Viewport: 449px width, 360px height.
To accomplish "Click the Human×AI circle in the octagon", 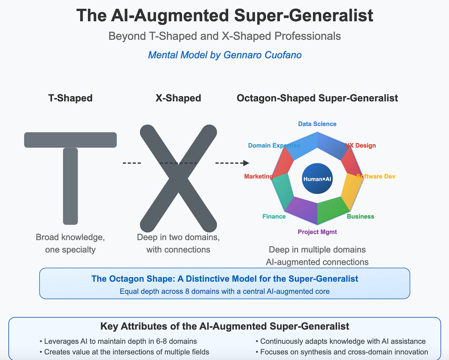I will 317,179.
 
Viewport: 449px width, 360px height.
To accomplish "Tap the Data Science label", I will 317,124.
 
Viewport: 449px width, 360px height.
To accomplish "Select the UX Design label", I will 360,145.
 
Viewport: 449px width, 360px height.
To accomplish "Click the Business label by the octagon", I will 360,216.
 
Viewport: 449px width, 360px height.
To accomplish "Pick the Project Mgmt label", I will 317,232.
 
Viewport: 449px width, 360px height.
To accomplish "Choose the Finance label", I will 274,216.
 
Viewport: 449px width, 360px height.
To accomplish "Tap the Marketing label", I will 258,176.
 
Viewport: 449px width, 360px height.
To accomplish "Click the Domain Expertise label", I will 274,145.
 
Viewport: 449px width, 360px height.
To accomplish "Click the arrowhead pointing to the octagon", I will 246,163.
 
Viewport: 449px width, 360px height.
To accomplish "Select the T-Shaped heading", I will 70,98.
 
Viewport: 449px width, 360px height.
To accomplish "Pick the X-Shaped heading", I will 178,98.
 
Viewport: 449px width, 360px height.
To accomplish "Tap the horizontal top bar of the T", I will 70,140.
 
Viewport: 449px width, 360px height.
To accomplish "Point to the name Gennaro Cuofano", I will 262,55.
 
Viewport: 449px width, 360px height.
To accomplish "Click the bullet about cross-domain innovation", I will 342,352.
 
